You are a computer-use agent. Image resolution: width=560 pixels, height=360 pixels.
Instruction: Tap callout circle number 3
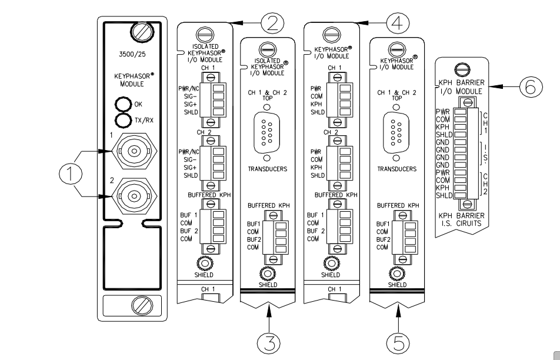click(269, 341)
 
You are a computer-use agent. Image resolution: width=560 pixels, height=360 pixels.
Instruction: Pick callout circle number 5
click(398, 341)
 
